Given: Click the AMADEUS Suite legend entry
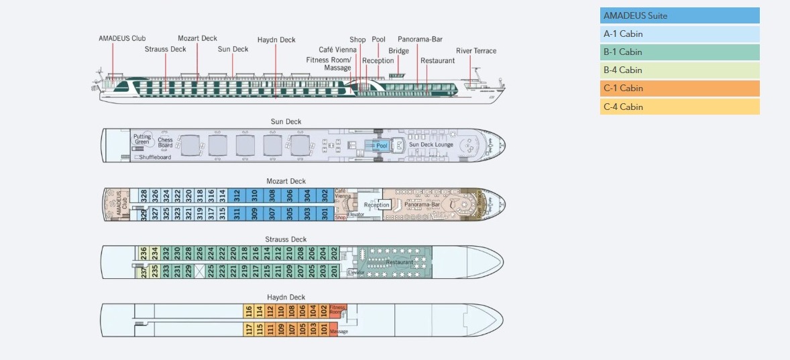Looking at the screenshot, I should pyautogui.click(x=679, y=15).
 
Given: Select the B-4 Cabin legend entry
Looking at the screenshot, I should pyautogui.click(x=679, y=70).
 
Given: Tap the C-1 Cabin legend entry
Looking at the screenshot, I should pyautogui.click(x=679, y=88).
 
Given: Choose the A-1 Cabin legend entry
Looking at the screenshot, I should pyautogui.click(x=679, y=34).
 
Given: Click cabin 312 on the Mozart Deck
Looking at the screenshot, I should pyautogui.click(x=237, y=195).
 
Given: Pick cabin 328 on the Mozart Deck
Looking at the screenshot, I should pyautogui.click(x=144, y=195).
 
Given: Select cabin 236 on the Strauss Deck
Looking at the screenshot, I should pyautogui.click(x=144, y=253).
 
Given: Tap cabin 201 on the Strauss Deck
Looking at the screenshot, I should pyautogui.click(x=334, y=271).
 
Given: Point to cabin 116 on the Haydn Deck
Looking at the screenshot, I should pyautogui.click(x=249, y=310).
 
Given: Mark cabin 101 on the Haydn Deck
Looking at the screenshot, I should pyautogui.click(x=323, y=328).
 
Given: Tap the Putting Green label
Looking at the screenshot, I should pyautogui.click(x=142, y=139).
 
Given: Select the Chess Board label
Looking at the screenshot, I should pyautogui.click(x=165, y=143).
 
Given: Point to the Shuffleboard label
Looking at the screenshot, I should pyautogui.click(x=155, y=158).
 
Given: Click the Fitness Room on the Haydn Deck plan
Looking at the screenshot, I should pyautogui.click(x=337, y=310).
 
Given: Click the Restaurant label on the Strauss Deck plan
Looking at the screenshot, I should pyautogui.click(x=390, y=262).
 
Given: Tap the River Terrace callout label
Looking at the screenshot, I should pyautogui.click(x=476, y=51).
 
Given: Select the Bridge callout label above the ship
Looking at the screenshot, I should pyautogui.click(x=398, y=51).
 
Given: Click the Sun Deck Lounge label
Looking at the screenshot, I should pyautogui.click(x=431, y=145).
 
